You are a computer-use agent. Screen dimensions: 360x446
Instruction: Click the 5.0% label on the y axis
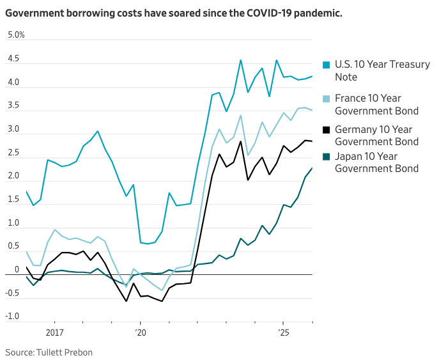pos(15,35)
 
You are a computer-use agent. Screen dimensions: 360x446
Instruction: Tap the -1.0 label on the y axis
pos(12,317)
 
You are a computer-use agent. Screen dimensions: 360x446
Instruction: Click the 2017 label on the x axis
pos(55,333)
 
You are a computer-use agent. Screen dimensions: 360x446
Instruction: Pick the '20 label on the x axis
pos(141,333)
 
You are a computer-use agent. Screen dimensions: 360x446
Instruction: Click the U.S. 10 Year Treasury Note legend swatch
pos(327,65)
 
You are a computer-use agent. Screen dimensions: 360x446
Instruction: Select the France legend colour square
pos(327,98)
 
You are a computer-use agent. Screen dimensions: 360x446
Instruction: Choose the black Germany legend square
pos(327,130)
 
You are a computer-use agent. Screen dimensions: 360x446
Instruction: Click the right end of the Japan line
pos(312,168)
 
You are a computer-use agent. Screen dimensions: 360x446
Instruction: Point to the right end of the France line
pos(312,110)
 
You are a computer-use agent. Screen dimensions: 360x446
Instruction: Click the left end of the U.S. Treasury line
pos(26,191)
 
